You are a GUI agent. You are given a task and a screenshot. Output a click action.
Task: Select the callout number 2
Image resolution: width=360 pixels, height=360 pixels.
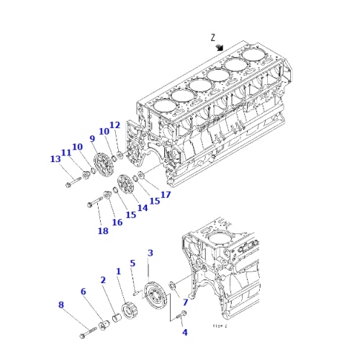pos(103,279)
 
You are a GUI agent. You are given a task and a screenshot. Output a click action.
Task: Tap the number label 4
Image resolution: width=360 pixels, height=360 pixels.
pos(184,332)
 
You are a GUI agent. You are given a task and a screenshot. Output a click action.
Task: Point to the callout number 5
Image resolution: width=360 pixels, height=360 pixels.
pos(132,264)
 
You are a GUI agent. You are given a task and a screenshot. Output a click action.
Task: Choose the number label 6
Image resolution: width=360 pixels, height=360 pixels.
pos(84,291)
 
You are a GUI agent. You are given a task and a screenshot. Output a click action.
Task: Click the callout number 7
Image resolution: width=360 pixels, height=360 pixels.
pos(185,302)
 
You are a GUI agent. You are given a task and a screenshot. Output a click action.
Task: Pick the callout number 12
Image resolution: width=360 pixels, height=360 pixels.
pos(114,125)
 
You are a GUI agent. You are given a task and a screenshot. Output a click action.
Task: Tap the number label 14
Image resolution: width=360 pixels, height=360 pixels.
pos(143,207)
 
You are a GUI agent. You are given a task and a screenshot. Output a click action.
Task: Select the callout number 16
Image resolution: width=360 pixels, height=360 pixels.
pos(117,222)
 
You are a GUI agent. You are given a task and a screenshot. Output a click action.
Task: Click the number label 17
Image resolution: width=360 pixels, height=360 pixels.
pos(165,194)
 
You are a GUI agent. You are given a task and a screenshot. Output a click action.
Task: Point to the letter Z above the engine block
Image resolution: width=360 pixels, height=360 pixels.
pos(212,37)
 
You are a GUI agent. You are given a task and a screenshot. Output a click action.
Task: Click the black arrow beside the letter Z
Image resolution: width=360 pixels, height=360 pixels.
pos(220,47)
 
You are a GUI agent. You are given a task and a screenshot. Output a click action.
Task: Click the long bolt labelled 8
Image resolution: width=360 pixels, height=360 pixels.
pos(88,333)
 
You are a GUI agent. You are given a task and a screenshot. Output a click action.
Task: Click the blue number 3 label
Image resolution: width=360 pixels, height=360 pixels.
pos(150,253)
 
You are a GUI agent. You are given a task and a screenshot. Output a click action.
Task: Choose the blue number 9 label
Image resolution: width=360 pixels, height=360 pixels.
pos(92,138)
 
